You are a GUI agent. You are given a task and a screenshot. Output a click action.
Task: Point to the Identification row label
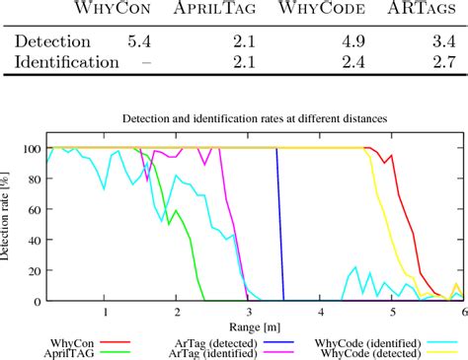point(64,63)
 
